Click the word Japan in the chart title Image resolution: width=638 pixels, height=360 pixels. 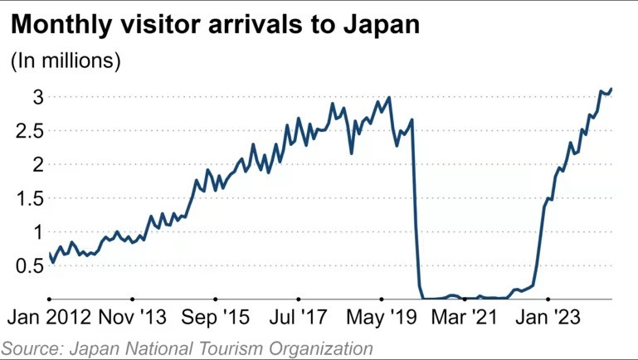[x=381, y=27]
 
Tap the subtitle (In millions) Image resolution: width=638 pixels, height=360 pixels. [x=66, y=61]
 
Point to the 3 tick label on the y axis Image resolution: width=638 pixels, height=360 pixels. [x=38, y=96]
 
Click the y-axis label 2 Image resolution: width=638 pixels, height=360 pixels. [x=38, y=164]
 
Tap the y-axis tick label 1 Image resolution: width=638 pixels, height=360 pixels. [x=38, y=232]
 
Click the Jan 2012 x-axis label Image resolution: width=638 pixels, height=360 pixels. [x=51, y=318]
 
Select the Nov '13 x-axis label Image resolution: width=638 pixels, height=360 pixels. [x=132, y=318]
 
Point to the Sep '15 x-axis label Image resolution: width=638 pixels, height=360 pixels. [x=215, y=318]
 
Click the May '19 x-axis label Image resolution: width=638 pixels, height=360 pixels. [x=381, y=318]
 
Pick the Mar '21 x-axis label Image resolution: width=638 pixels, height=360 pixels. [x=463, y=318]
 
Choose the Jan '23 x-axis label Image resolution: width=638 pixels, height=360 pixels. [x=548, y=318]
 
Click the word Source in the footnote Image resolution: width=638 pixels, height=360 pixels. [x=32, y=348]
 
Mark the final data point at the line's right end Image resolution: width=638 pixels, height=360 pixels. [x=611, y=89]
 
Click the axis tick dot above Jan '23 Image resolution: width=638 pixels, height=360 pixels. [x=548, y=299]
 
